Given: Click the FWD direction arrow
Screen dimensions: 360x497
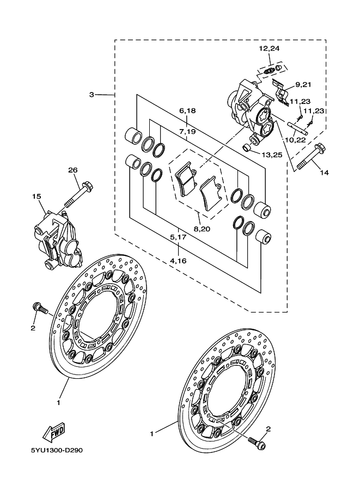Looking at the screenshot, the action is (x=54, y=432).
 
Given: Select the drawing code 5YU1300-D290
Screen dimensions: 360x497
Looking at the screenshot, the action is (x=57, y=450).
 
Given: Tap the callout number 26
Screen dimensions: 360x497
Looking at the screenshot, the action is (x=73, y=170).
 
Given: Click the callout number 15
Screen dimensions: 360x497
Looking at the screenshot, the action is (x=36, y=197).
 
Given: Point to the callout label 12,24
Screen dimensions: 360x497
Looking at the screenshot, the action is (x=269, y=49).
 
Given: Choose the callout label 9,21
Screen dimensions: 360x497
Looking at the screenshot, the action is (x=303, y=84).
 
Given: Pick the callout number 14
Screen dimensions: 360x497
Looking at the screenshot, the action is (x=325, y=173).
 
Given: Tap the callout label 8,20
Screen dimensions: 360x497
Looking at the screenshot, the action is (x=202, y=229).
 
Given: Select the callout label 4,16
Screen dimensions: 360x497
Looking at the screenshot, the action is (x=178, y=261).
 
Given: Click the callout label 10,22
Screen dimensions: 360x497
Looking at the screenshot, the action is (x=295, y=140).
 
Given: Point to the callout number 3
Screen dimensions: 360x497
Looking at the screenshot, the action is (x=91, y=95).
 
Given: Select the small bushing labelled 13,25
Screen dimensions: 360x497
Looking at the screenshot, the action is (x=247, y=148).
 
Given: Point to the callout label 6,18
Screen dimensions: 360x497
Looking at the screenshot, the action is (x=187, y=111).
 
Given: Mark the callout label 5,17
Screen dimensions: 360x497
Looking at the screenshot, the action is (x=178, y=237).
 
